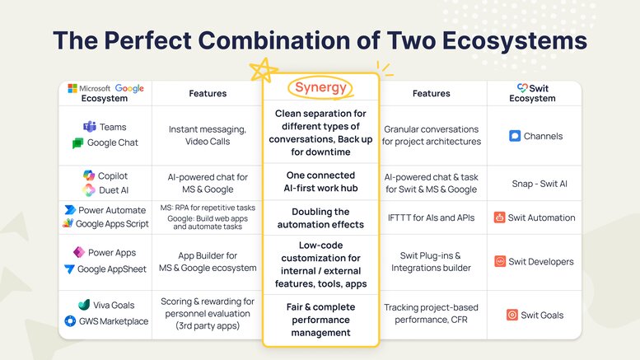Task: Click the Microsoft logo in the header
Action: (72, 88)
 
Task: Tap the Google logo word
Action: (129, 89)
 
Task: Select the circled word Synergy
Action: (320, 87)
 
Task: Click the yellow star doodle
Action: (264, 70)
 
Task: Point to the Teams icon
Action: (90, 127)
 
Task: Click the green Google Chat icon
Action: (77, 143)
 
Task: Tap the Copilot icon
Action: (89, 175)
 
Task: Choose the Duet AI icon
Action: (89, 189)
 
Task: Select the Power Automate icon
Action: (70, 210)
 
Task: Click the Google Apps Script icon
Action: (68, 223)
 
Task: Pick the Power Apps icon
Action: (79, 252)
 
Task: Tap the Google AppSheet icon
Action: (69, 269)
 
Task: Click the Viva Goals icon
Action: (84, 305)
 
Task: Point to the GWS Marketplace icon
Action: (70, 321)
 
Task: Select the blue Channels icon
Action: (515, 136)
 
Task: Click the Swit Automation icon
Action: (499, 217)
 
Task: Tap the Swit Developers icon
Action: (500, 261)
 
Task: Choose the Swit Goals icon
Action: (512, 315)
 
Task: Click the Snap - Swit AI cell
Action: (540, 184)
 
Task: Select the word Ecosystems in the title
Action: (515, 40)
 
